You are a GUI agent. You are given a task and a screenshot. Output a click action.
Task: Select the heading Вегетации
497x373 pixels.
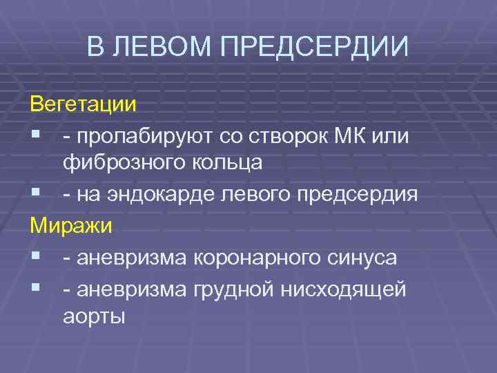click(x=83, y=106)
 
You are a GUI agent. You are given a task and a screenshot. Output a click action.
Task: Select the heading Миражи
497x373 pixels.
click(x=71, y=225)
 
